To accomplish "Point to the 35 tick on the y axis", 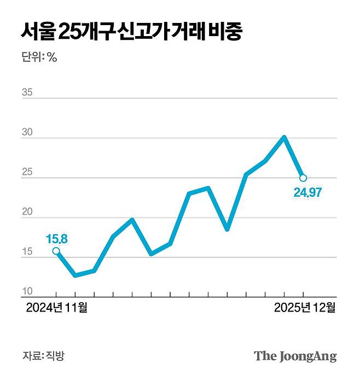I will click(x=27, y=92).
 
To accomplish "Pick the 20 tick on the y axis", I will click(x=27, y=213).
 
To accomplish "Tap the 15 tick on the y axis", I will click(x=27, y=252).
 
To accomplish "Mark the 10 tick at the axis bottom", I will click(x=27, y=292).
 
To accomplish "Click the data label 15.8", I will click(x=56, y=239).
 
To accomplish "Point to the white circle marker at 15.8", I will click(x=56, y=251).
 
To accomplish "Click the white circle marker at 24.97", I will click(x=303, y=178).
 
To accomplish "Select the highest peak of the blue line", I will click(x=284, y=137).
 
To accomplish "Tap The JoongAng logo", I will click(x=295, y=356).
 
